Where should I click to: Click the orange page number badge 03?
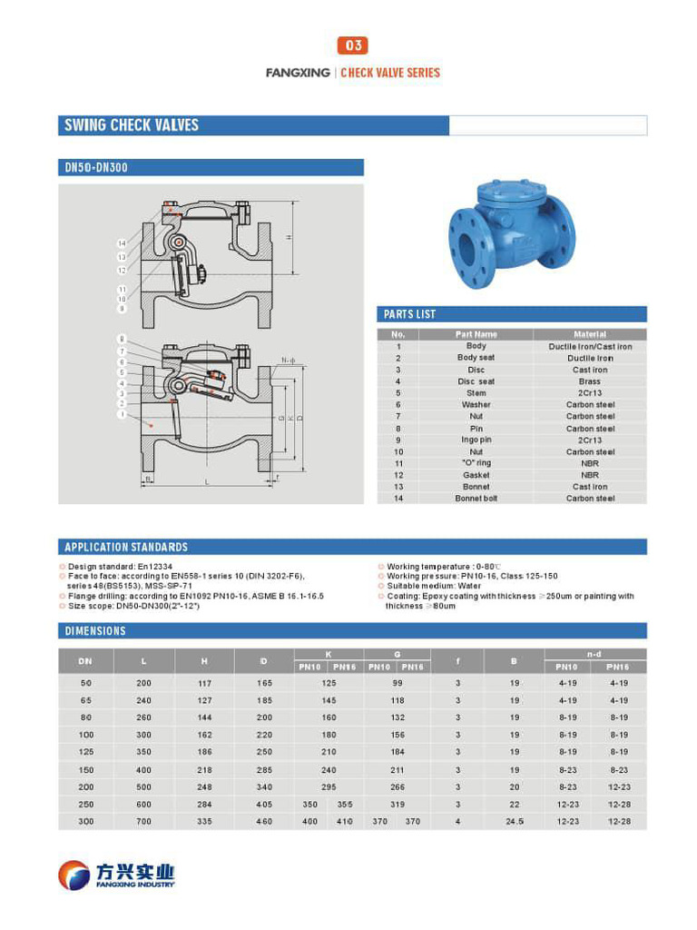352,45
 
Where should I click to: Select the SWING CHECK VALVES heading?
132,125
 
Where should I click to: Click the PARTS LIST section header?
410,314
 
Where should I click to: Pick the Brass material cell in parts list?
590,381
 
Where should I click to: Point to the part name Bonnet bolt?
476,499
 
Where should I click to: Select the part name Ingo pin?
476,440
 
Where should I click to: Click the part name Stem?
476,393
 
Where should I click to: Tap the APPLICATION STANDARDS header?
126,547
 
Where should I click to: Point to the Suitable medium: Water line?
433,587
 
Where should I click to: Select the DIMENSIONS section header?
95,630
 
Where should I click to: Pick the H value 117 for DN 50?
204,683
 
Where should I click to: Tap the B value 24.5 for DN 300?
515,821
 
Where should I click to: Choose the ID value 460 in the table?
264,821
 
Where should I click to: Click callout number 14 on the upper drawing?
122,243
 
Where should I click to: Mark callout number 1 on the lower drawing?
122,414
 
